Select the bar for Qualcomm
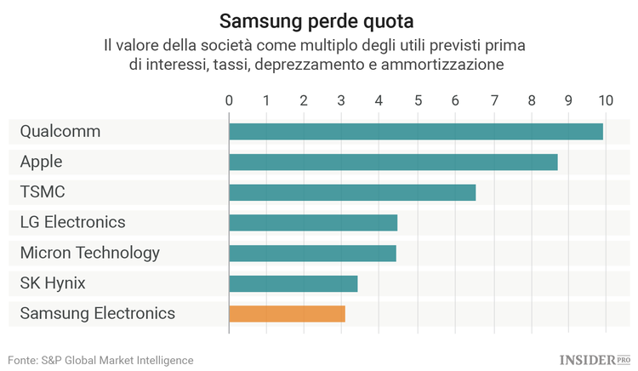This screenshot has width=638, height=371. pyautogui.click(x=416, y=131)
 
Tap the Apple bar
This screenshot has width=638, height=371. pyautogui.click(x=393, y=162)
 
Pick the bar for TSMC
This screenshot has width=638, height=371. pyautogui.click(x=352, y=192)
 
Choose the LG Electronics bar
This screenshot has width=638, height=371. pyautogui.click(x=313, y=223)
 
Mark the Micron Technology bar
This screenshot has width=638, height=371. pyautogui.click(x=312, y=253)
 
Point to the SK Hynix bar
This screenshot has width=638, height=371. pyautogui.click(x=293, y=283)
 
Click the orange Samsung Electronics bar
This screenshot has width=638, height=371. pyautogui.click(x=287, y=313)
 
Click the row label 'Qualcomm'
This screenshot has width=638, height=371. pyautogui.click(x=60, y=131)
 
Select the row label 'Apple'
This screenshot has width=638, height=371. pyautogui.click(x=41, y=162)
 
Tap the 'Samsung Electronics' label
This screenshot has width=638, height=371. pyautogui.click(x=97, y=313)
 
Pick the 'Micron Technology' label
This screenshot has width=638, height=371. pyautogui.click(x=89, y=253)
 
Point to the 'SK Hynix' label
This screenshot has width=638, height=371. pyautogui.click(x=53, y=283)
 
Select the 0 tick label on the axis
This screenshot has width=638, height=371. pyautogui.click(x=229, y=100)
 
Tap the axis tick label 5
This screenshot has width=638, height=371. pyautogui.click(x=418, y=100)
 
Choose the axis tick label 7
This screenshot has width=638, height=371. pyautogui.click(x=493, y=100)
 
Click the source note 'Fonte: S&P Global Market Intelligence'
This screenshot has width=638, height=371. pyautogui.click(x=101, y=360)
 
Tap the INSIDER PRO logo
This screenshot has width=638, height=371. pyautogui.click(x=595, y=360)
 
